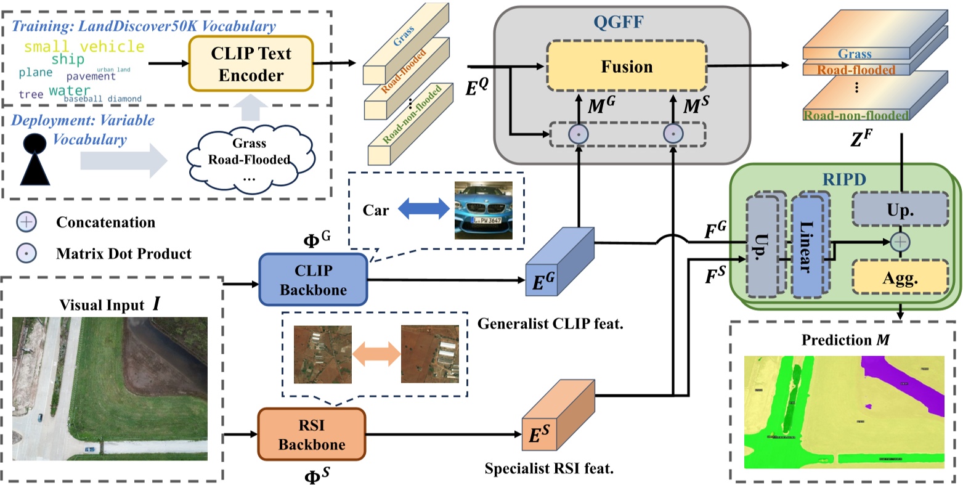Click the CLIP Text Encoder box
pos(251,63)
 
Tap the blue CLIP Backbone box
pos(312,279)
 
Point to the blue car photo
pos(483,210)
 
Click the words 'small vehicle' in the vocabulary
pos(84,47)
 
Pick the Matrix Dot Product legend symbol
pos(26,253)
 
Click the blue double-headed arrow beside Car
pos(423,210)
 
